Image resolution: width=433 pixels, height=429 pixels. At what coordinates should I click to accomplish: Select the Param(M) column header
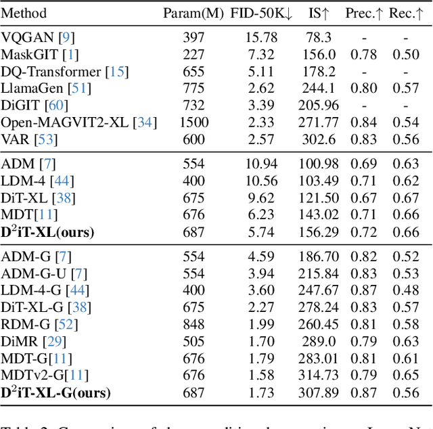point(193,12)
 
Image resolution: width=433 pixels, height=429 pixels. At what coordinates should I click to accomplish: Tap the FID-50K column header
point(260,12)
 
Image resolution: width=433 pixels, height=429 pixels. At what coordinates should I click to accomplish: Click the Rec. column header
point(407,12)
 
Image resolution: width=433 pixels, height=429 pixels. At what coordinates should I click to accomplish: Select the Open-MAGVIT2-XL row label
point(78,122)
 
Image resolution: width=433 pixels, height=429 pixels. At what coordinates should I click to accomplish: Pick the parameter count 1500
point(193,122)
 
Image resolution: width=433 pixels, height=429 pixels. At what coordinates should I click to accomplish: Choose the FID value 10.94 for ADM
point(260,163)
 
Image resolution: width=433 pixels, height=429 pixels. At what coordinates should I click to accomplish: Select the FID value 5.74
point(260,233)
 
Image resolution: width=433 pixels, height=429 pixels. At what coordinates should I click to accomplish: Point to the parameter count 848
point(193,323)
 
